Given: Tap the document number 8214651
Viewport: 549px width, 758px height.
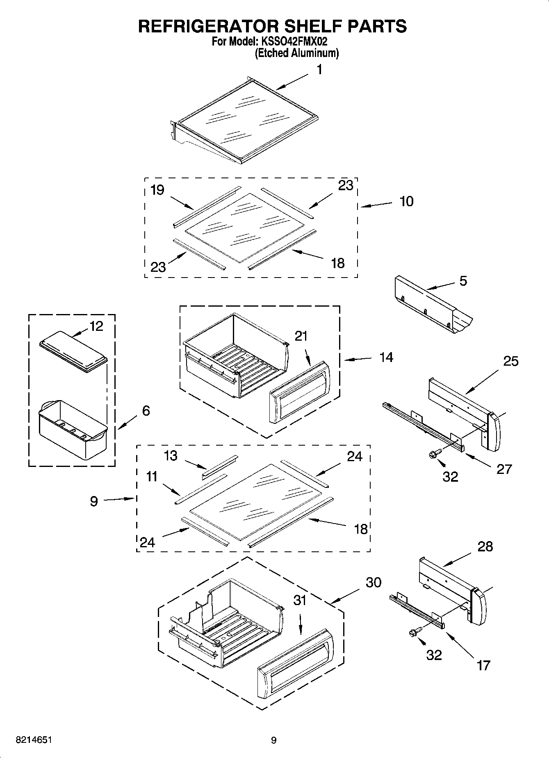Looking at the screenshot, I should pyautogui.click(x=34, y=740).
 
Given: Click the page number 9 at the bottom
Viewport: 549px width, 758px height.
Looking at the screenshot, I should pyautogui.click(x=274, y=740).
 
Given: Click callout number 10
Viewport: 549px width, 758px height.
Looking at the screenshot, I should pyautogui.click(x=406, y=201).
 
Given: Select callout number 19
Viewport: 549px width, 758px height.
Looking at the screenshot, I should pyautogui.click(x=157, y=190).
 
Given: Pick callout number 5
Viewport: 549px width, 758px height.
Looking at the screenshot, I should pyautogui.click(x=463, y=281).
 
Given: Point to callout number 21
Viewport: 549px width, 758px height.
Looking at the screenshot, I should pyautogui.click(x=301, y=336).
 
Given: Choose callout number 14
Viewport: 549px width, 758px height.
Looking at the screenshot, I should pyautogui.click(x=386, y=357).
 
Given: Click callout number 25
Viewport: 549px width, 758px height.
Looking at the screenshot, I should pyautogui.click(x=511, y=361).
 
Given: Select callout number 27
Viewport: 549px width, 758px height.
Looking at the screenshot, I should pyautogui.click(x=504, y=469).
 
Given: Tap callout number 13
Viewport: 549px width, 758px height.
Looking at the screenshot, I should pyautogui.click(x=171, y=455).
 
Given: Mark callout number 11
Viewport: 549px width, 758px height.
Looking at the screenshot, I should pyautogui.click(x=152, y=476).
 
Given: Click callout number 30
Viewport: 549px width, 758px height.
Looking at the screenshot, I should pyautogui.click(x=373, y=582).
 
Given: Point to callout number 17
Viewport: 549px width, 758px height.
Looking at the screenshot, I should pyautogui.click(x=484, y=665).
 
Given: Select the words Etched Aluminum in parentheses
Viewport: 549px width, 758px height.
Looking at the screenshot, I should pyautogui.click(x=297, y=53).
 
